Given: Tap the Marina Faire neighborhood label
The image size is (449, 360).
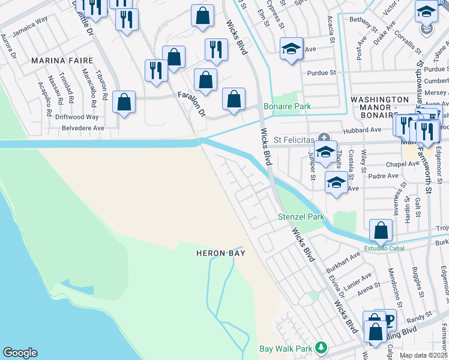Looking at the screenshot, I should point(62,61).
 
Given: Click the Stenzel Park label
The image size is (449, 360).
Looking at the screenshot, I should point(300,217).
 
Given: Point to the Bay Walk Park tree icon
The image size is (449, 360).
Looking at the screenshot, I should point(322,347).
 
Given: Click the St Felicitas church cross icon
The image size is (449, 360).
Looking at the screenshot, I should point(324,138).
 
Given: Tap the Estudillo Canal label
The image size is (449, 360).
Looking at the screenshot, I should point(381,248).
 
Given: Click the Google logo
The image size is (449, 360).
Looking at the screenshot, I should point(20,353).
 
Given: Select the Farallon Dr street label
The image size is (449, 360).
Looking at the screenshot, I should point(191,104).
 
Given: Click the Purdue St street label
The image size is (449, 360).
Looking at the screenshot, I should point(322,73).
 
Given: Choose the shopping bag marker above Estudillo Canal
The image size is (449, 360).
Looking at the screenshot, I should point(381,230).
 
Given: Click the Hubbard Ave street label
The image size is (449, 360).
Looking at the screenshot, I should point(362,130).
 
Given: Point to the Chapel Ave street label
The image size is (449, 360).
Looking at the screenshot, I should point(385,164).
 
